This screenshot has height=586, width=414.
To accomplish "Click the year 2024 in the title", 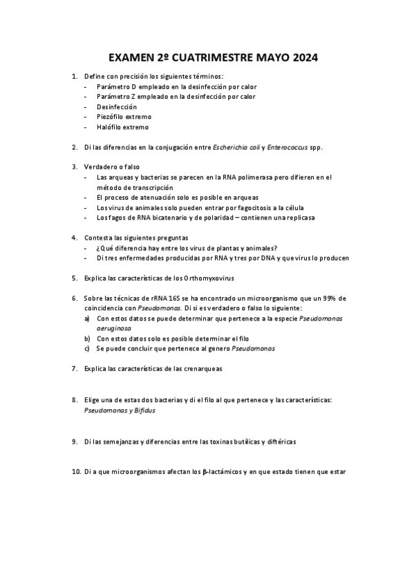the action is [302, 59].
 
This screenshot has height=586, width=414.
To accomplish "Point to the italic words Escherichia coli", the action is [236, 147].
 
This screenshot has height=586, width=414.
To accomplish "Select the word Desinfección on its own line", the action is [117, 107].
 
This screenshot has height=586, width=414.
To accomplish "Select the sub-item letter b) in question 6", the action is [87, 339].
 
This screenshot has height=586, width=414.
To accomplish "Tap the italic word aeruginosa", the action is [115, 330].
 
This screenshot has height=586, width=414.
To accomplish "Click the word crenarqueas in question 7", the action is [203, 368].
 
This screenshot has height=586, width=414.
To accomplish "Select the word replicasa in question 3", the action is [298, 217].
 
